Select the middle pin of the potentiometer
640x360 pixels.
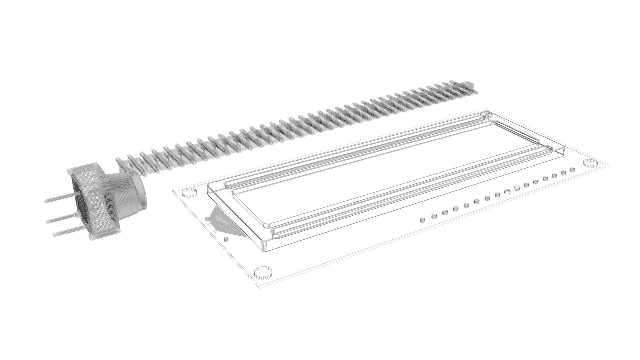point(62,220)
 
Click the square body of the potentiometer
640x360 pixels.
point(93,203)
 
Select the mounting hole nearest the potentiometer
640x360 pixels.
point(189,193)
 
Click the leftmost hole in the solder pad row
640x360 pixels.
point(422,220)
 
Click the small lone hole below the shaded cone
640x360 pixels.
point(226,239)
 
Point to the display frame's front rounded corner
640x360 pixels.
point(265,252)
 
